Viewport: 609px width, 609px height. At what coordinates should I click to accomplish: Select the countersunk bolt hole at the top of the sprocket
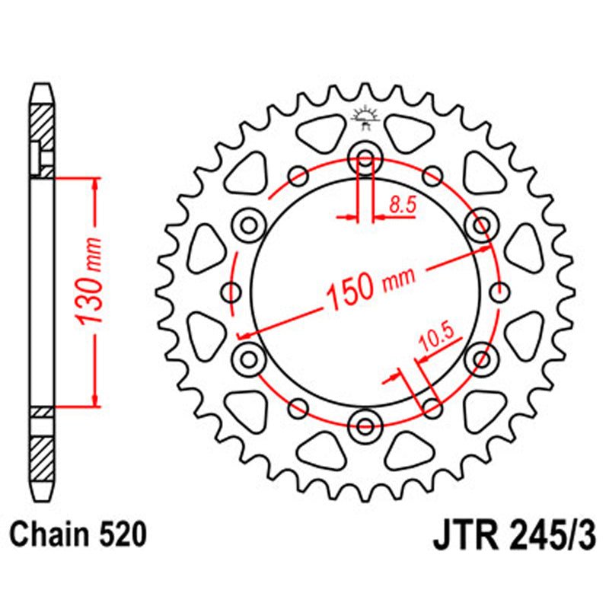365,161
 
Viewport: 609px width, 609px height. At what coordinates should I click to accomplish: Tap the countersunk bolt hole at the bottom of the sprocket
365,422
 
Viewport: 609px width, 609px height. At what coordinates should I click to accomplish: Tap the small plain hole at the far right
499,291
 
